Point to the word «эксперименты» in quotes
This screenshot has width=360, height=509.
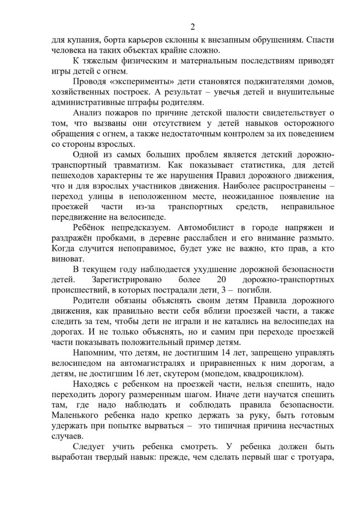[135, 82]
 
